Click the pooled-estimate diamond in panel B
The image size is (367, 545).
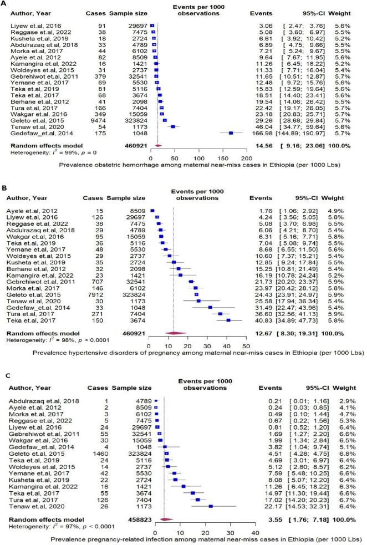(174, 348)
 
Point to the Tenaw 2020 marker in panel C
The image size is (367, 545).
(210, 507)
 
